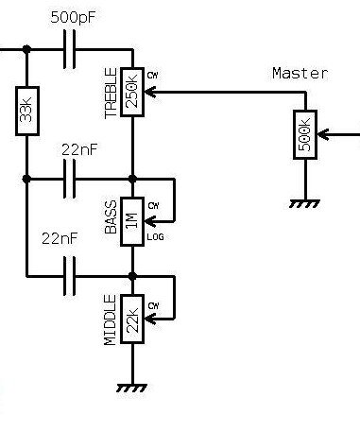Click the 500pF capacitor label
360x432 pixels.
(x=73, y=17)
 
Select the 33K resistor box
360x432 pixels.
(x=27, y=111)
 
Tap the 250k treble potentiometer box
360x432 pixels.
(x=132, y=92)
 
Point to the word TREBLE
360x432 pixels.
(x=111, y=94)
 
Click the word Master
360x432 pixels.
(x=300, y=74)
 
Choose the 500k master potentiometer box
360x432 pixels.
(x=305, y=134)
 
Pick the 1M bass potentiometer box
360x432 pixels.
(x=132, y=221)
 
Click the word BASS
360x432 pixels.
(x=111, y=217)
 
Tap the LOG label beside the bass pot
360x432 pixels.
(x=156, y=237)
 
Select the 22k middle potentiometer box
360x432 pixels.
(x=132, y=319)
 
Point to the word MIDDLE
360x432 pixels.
(x=110, y=320)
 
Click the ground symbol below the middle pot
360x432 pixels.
(x=132, y=388)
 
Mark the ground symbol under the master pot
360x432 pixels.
(x=304, y=204)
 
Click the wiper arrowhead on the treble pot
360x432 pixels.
(x=150, y=92)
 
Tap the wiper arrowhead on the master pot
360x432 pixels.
(x=323, y=134)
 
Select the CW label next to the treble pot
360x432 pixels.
(x=153, y=76)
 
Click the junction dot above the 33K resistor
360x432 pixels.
(x=26, y=49)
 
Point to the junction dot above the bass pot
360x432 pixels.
(x=132, y=179)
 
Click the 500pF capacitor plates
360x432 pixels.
(x=69, y=49)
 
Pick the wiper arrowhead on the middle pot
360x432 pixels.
(x=150, y=319)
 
